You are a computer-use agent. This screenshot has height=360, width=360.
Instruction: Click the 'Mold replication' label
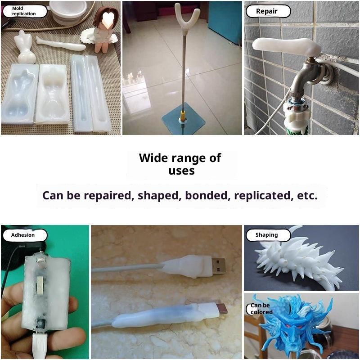(24, 11)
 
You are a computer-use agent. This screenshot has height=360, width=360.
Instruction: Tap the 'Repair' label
(266, 11)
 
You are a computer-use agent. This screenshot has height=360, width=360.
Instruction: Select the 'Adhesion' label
(23, 235)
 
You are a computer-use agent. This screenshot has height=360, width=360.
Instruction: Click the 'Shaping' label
(266, 235)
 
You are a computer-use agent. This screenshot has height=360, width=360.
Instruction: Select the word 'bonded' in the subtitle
(206, 195)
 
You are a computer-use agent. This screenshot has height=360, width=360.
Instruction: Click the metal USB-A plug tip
(218, 266)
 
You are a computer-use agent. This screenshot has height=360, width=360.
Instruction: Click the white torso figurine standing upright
(25, 47)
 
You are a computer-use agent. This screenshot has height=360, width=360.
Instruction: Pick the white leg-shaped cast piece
(61, 44)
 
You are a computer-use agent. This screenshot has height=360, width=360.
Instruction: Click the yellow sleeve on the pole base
(182, 116)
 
